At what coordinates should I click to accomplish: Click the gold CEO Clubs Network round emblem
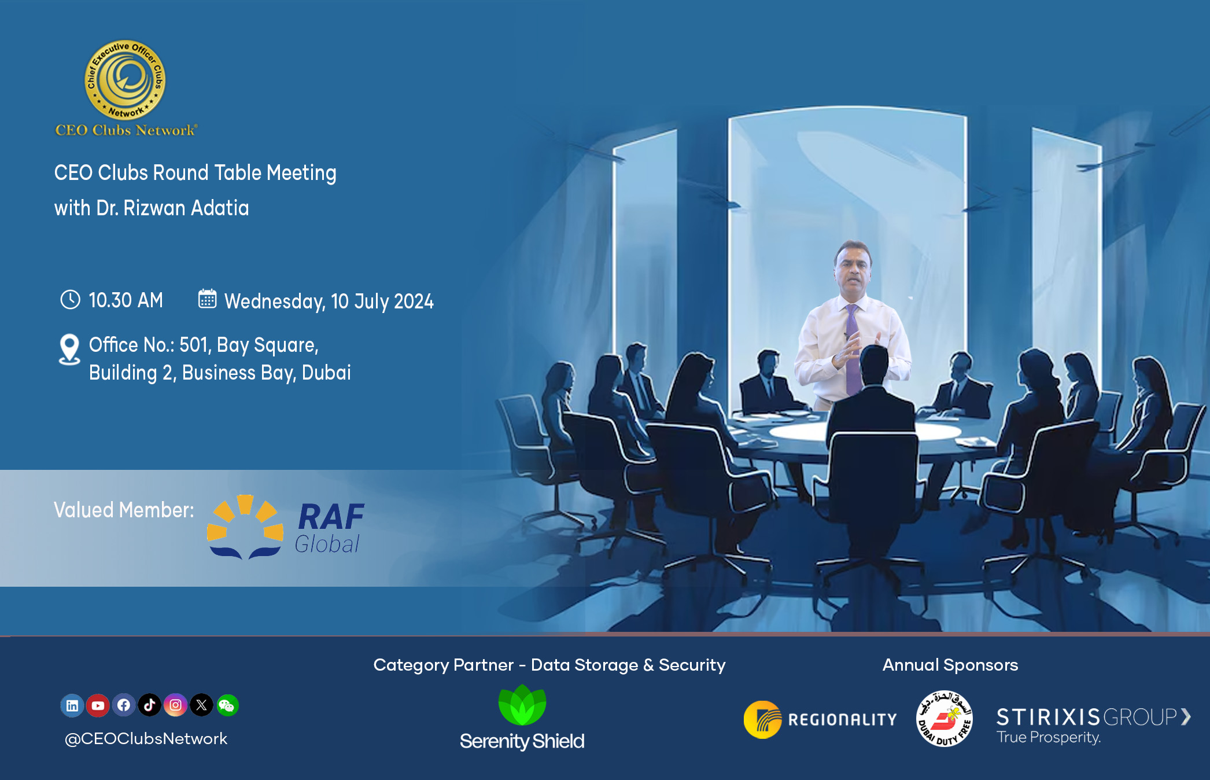coord(125,80)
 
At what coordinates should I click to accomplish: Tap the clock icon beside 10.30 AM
coord(70,300)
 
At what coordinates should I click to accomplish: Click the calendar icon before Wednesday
coord(207,299)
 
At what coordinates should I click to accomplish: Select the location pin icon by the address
coord(69,349)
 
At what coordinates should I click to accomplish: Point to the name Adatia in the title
coord(220,208)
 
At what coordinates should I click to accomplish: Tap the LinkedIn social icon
coord(72,705)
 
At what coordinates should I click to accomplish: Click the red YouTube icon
coord(98,705)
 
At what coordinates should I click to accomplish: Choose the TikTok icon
coord(149,705)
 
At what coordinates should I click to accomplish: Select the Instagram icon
coord(175,705)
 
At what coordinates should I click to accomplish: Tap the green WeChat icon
coord(227,705)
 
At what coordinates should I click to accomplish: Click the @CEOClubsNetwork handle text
coord(146,739)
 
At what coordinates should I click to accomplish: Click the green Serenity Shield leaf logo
coord(522,705)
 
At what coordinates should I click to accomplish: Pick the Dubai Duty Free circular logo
coord(944,719)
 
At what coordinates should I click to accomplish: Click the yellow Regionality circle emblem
coord(762,719)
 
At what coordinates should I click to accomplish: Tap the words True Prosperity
coord(1048,738)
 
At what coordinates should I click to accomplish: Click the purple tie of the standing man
coord(853,353)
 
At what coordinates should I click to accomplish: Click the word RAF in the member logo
coord(331,517)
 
